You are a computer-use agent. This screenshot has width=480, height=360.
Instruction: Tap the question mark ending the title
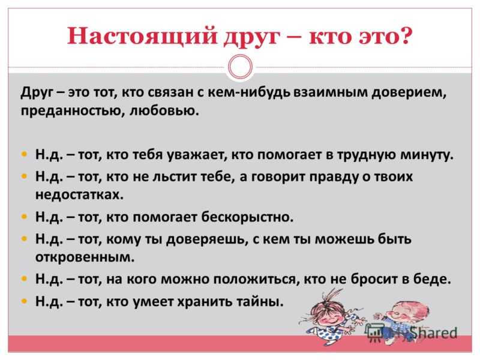click(406, 35)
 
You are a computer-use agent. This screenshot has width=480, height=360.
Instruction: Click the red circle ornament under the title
click(241, 67)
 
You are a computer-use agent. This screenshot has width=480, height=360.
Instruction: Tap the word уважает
click(197, 155)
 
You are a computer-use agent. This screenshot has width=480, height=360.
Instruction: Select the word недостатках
click(79, 194)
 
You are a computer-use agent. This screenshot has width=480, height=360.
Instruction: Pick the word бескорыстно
click(247, 217)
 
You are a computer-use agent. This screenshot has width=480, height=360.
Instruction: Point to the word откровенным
click(85, 257)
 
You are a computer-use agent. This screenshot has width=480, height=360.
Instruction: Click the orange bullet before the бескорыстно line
click(25, 217)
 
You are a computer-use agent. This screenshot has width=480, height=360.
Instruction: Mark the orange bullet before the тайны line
click(25, 302)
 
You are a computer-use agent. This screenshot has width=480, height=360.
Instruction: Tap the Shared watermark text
click(433, 333)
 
